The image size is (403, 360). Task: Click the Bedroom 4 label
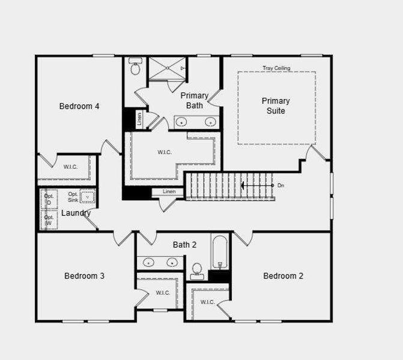(79, 106)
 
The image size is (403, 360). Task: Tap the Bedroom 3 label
(85, 276)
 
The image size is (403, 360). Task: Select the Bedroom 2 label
(283, 276)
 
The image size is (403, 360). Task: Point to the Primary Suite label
(276, 106)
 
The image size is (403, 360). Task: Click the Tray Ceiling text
(276, 68)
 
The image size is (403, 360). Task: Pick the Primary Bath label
(195, 100)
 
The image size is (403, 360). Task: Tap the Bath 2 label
(184, 244)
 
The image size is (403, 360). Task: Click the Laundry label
(76, 213)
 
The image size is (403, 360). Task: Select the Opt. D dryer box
(49, 199)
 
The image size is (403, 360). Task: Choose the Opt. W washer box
(49, 220)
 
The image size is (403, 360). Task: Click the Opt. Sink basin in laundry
(88, 197)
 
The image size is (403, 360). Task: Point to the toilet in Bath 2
(196, 271)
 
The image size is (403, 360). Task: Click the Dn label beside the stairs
(280, 185)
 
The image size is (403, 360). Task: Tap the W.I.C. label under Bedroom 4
(71, 166)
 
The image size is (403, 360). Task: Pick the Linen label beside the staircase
(169, 191)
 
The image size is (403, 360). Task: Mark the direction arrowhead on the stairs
(243, 185)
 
